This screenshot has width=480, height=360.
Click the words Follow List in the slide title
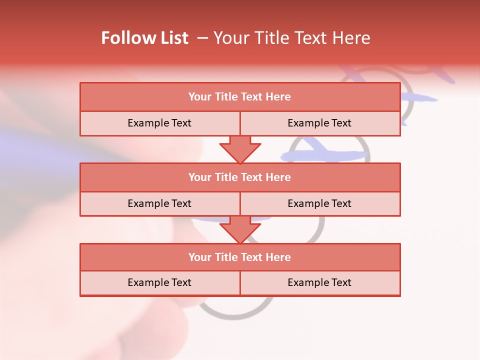click(144, 38)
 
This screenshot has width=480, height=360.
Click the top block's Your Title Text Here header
click(239, 97)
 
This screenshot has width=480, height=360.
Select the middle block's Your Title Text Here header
click(239, 177)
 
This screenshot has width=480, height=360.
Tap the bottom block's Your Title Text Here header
click(239, 257)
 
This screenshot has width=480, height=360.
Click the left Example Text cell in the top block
click(159, 123)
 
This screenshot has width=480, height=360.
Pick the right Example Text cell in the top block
click(319, 123)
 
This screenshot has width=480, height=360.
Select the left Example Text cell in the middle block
click(159, 203)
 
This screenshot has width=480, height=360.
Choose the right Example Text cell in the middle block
click(319, 203)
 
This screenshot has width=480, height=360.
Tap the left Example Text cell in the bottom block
click(159, 282)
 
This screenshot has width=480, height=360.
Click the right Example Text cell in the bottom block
click(319, 282)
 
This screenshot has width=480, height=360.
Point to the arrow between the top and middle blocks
click(240, 149)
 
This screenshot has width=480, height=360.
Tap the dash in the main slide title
click(202, 38)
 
